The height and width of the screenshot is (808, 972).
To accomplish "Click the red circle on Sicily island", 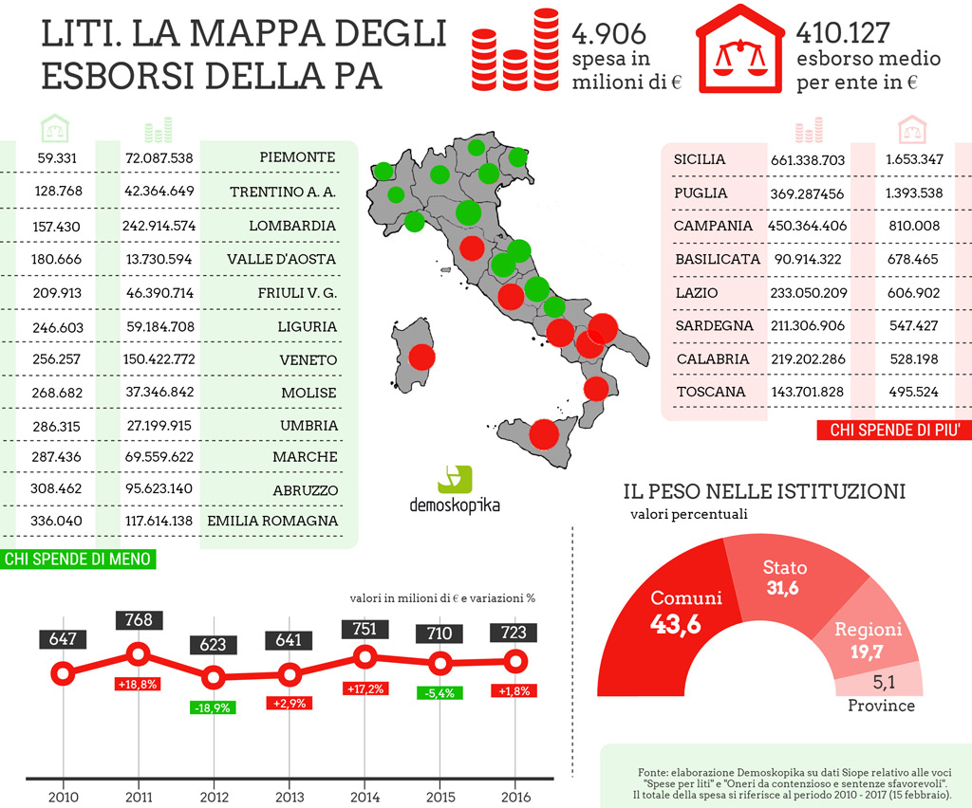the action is click(544, 434).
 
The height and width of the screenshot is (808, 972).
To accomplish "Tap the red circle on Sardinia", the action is click(421, 358).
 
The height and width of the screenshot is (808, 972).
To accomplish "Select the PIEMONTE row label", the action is click(297, 157).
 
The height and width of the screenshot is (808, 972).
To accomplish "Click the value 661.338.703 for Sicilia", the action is click(807, 160).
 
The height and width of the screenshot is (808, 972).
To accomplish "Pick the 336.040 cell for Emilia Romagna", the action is click(56, 521).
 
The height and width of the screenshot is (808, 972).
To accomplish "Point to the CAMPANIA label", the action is click(713, 226).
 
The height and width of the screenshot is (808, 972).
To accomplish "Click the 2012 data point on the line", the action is click(214, 677).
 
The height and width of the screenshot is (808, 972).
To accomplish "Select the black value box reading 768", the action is click(139, 620).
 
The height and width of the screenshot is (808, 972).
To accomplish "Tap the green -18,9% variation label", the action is click(213, 707).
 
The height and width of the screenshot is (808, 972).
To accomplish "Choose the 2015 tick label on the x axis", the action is click(440, 797).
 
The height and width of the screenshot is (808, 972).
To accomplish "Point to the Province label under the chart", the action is click(881, 706).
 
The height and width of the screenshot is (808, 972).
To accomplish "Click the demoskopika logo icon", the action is click(455, 480).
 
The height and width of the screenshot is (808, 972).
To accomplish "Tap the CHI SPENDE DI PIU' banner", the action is click(894, 431).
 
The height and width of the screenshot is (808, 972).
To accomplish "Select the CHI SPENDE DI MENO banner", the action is click(78, 560).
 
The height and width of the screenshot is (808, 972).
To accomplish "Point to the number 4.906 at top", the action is click(608, 33).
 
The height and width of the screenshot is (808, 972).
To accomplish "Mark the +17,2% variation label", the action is click(365, 689).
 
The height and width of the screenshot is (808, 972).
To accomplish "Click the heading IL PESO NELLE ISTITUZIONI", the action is click(764, 491).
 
